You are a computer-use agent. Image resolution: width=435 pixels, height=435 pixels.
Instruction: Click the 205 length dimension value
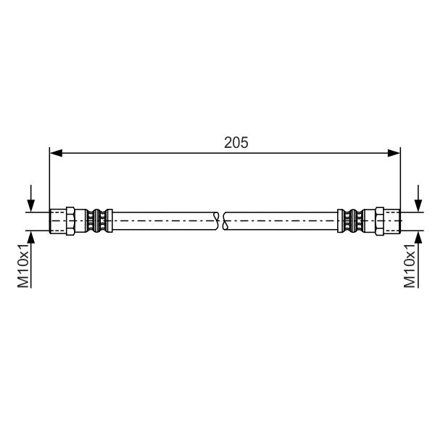coord(236,143)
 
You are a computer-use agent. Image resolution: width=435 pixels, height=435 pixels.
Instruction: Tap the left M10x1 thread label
coord(23,266)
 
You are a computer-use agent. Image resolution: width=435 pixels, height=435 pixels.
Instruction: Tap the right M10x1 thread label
coord(410,266)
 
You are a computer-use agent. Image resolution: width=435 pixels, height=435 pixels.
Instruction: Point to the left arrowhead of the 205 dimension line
coord(56,153)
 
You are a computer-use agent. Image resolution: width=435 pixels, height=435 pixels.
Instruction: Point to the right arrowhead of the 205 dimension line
coord(394,153)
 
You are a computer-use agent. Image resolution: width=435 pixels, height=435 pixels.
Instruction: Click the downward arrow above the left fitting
coord(31,199)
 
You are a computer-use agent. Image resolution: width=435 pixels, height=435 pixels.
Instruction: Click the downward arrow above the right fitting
coord(418,199)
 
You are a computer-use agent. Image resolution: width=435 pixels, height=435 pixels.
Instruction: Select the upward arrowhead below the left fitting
coord(31,237)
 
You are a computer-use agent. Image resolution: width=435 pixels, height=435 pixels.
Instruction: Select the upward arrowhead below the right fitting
coord(418,237)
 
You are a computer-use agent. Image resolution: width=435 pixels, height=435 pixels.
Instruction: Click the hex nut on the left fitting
coord(70,221)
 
